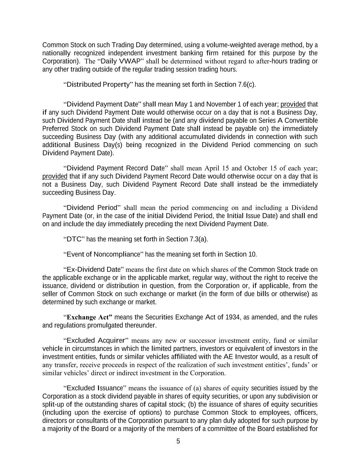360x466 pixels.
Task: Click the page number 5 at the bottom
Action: tap(178, 441)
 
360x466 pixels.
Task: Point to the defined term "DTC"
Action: tap(74, 239)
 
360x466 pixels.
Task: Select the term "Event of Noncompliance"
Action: tap(103, 254)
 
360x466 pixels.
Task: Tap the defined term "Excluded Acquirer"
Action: tap(96, 340)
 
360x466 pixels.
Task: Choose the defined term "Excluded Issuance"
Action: tap(95, 388)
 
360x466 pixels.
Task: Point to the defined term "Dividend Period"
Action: tap(92, 208)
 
